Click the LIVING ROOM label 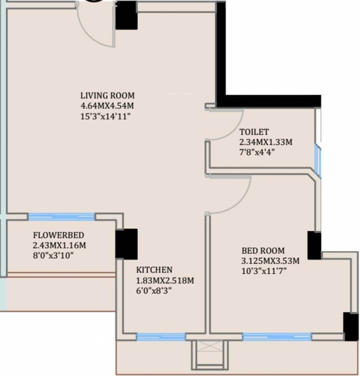(x=107, y=95)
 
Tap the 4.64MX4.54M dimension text (x=107, y=106)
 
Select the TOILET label (x=254, y=132)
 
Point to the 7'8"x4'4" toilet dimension (x=257, y=152)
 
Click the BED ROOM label (x=263, y=251)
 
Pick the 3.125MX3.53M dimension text (x=270, y=261)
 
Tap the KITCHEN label (x=154, y=270)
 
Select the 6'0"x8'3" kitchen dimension (x=154, y=291)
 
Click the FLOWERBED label (x=59, y=235)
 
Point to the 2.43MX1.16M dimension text (x=59, y=246)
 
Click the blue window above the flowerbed (x=62, y=217)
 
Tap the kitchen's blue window (x=161, y=337)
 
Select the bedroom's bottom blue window (x=277, y=337)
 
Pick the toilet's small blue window (x=317, y=161)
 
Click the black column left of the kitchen (x=127, y=244)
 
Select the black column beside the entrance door (x=126, y=15)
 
